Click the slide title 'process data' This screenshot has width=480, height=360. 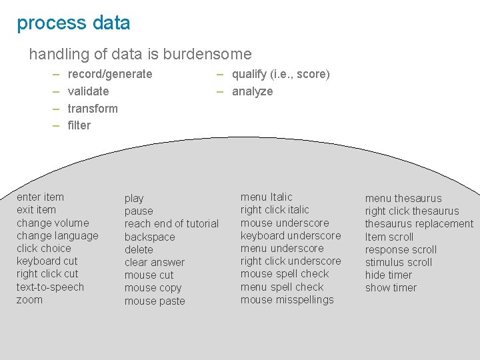73,23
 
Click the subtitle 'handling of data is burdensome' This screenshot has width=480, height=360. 140,54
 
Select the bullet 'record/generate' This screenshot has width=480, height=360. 110,74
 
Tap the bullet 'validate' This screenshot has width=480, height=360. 88,91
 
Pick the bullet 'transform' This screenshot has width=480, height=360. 93,109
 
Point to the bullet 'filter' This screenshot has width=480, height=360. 79,125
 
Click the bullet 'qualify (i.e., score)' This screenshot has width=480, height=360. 281,74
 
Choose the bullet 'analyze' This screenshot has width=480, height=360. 252,91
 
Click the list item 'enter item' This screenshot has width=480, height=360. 40,197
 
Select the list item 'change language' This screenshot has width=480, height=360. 57,235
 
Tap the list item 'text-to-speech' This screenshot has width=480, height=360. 50,287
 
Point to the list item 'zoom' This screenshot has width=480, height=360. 29,299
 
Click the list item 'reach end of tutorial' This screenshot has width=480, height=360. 171,223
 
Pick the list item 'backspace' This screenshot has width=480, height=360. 149,237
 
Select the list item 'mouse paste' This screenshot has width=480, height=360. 155,301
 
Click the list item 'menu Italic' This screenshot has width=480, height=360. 266,197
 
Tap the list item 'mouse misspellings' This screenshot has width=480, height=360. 287,299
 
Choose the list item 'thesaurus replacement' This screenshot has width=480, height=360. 419,223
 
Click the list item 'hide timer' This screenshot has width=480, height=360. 388,275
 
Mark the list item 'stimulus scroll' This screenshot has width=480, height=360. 398,262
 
